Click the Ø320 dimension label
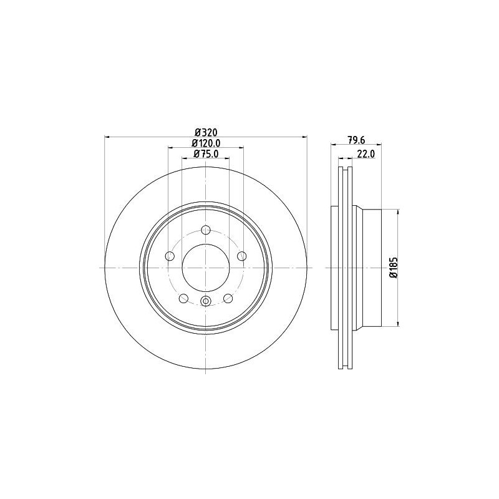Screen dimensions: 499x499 pos(206,132)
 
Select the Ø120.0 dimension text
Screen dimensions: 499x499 pos(206,143)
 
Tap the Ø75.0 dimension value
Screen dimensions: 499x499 pos(206,153)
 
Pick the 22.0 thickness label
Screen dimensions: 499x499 pos(366,154)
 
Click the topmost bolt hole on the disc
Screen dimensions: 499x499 pos(206,230)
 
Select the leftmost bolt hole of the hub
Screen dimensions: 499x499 pos(170,256)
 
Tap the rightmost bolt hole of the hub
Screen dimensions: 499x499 pos(242,256)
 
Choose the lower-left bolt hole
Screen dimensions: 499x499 pos(183,298)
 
